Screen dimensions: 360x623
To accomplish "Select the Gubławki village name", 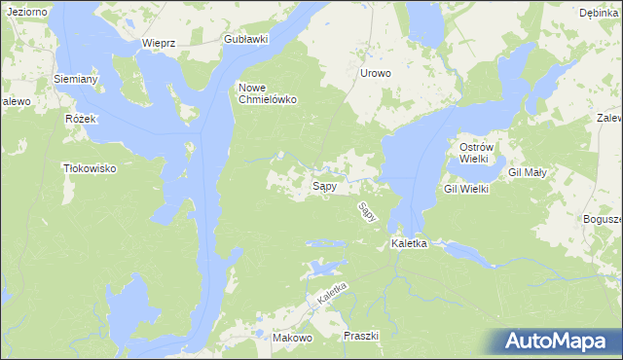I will coord(244,39).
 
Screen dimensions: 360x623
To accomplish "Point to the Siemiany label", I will coord(75,78).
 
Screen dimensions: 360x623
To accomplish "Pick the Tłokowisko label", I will coord(89,168).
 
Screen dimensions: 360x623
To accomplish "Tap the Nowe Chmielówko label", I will coord(268,93).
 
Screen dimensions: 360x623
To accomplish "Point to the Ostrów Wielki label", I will coord(479,153).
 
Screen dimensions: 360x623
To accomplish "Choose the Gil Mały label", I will coord(529,172).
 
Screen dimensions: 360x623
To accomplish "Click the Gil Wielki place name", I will coord(466,189).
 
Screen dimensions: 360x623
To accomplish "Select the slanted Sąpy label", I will coord(367,212).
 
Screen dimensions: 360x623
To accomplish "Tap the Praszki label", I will coord(361,336).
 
